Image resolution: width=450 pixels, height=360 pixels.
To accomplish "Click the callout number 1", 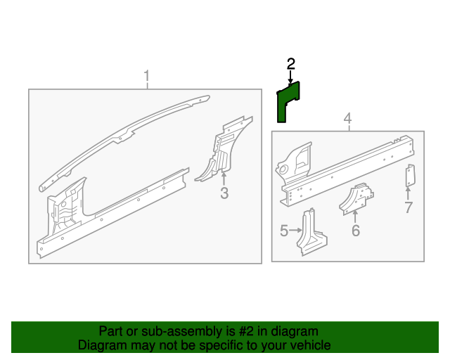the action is [x=147, y=76].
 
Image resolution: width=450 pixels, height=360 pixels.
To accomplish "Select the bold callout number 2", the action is [x=290, y=64].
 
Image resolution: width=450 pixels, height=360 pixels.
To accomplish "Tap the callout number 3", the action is [x=224, y=193].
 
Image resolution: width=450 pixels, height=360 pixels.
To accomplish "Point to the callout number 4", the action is [x=347, y=118].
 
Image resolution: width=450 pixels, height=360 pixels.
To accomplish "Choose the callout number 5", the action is [x=284, y=231].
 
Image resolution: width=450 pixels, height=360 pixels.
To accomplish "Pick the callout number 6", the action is [x=356, y=231].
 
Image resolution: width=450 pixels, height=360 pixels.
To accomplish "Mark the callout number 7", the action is [x=409, y=207].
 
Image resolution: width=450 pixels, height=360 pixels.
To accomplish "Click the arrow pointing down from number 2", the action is [x=290, y=77].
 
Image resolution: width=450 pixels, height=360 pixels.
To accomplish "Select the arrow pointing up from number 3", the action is [x=224, y=178].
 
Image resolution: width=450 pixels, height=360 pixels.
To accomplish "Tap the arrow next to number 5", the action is [x=295, y=230].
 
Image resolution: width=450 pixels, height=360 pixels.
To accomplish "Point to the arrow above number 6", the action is [x=355, y=217].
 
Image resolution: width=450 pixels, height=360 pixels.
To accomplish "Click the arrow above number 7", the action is [x=408, y=193].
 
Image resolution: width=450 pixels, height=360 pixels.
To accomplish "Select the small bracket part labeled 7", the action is [x=411, y=176].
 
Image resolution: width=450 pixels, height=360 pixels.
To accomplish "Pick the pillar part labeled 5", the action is [x=311, y=233].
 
